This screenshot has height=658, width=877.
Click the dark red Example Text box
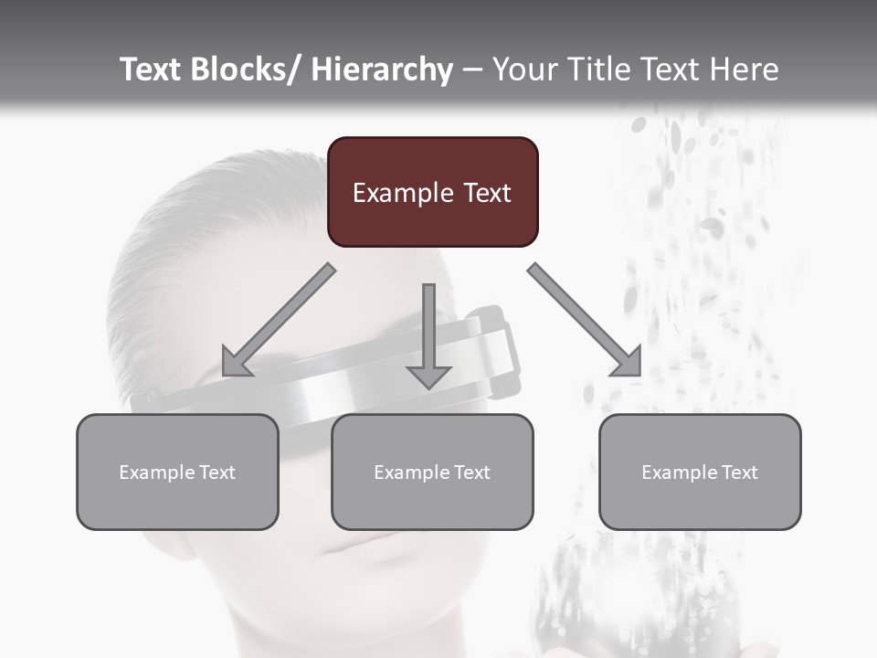[x=432, y=192]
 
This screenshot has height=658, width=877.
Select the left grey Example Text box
[x=177, y=472]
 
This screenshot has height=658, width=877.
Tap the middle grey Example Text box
[x=432, y=472]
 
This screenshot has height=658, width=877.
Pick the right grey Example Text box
[x=700, y=472]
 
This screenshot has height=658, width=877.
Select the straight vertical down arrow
[x=428, y=334]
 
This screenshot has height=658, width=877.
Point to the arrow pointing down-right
[x=585, y=320]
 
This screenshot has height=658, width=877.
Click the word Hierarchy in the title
[x=382, y=69]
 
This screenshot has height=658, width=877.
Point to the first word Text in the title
[x=152, y=69]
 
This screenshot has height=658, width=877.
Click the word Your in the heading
[x=523, y=69]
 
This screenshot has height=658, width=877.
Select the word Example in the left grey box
[x=156, y=472]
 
